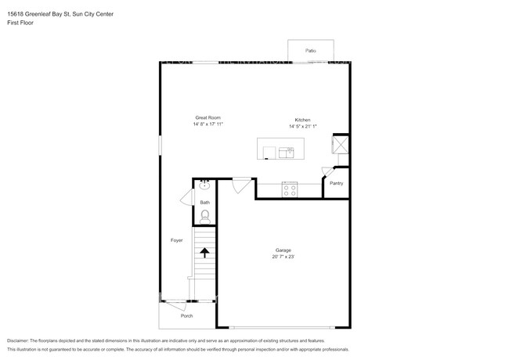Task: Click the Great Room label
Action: point(208,117)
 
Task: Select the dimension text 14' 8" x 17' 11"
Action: point(208,124)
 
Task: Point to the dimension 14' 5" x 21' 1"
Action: point(305,126)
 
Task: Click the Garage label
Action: point(283,250)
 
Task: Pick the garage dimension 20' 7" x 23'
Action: point(283,257)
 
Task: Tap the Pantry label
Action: point(337,183)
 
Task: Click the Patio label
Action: point(311,50)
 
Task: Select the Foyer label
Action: point(177,239)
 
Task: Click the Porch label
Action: point(186,315)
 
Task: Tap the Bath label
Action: point(204,203)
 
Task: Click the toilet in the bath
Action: point(205,215)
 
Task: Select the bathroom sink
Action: point(204,186)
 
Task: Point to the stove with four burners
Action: point(290,188)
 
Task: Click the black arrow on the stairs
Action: point(204,252)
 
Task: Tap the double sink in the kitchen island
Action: point(286,152)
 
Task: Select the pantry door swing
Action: point(327,173)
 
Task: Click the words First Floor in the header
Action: point(20,23)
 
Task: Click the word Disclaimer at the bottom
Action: point(17,341)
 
